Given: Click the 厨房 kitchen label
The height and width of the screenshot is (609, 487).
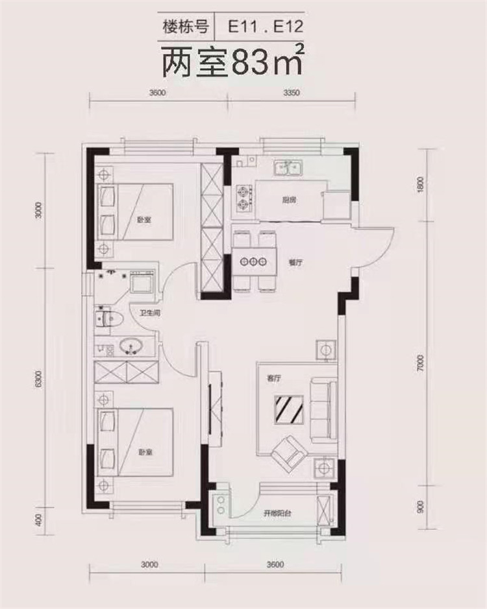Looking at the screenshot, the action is (x=289, y=200).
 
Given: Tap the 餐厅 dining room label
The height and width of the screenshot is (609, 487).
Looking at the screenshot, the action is (x=295, y=263).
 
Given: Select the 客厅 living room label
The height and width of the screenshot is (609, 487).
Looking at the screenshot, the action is (x=274, y=379).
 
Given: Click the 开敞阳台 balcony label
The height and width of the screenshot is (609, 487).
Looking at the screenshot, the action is (x=277, y=513).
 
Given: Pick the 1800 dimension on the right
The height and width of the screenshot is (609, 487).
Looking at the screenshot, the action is (x=419, y=184).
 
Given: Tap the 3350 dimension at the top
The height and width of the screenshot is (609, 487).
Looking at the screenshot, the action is (x=292, y=93).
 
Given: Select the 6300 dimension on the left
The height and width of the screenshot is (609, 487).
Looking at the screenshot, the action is (x=38, y=379).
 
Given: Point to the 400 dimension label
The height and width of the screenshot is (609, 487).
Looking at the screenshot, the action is (x=38, y=520).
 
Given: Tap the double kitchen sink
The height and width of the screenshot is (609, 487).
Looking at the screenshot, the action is (x=289, y=168).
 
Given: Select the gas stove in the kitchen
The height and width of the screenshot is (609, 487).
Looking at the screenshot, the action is (x=243, y=198).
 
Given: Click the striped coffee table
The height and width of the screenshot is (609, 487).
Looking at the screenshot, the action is (x=289, y=410).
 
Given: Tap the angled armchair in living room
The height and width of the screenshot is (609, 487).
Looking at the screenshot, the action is (x=290, y=453).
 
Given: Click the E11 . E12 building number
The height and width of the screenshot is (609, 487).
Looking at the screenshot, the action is (x=265, y=27).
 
